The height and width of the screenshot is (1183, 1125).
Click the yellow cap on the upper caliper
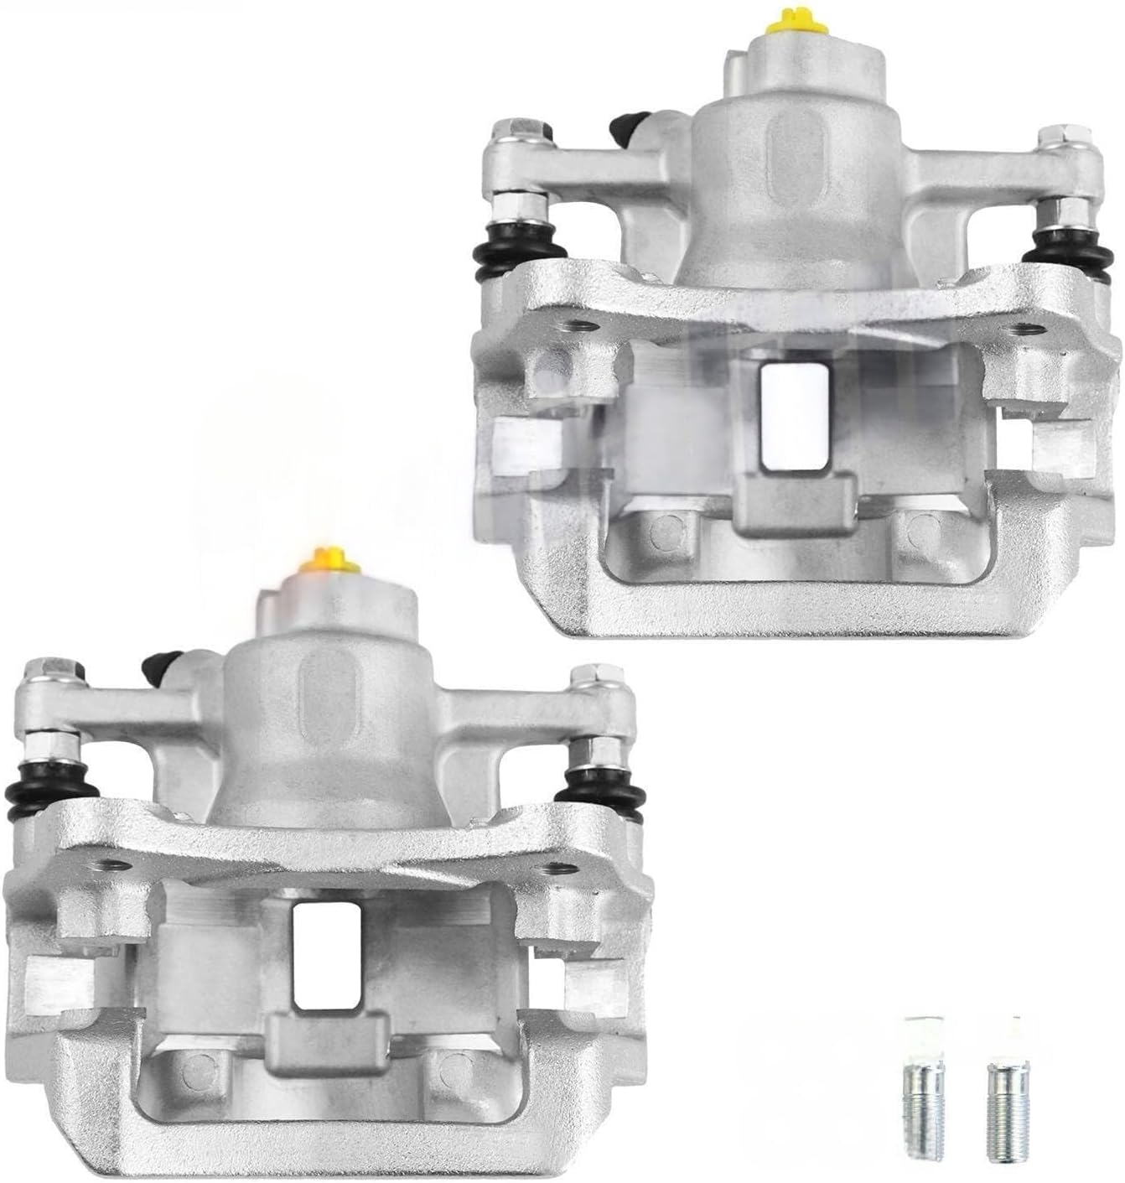pyautogui.click(x=791, y=19)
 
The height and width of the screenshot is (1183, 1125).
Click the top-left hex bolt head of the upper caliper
pyautogui.click(x=510, y=131)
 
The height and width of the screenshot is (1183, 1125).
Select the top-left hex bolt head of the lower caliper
pyautogui.click(x=40, y=672)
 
